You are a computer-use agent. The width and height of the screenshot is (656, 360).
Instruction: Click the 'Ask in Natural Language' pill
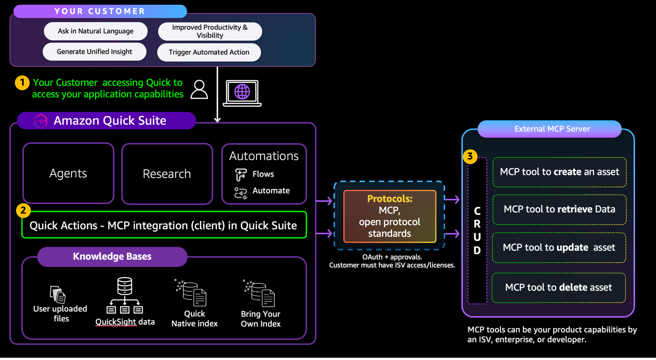[95, 31]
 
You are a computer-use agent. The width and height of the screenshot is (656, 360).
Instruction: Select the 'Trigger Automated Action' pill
[209, 52]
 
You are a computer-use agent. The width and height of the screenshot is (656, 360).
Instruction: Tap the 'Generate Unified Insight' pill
[95, 52]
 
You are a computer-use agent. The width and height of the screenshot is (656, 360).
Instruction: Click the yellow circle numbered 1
[22, 83]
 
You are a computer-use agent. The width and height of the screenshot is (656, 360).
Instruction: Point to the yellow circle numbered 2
[23, 210]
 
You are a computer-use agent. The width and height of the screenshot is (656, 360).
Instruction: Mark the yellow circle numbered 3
[470, 156]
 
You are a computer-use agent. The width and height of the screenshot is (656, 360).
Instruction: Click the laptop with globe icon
[242, 93]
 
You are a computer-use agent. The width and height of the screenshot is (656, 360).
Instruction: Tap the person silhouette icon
[199, 89]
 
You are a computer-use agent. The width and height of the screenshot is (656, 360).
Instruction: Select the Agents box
[68, 173]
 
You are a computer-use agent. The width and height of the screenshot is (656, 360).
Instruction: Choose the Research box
[167, 174]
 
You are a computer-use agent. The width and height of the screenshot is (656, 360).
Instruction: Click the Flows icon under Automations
[241, 174]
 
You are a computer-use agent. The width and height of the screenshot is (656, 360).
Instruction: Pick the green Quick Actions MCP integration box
[164, 225]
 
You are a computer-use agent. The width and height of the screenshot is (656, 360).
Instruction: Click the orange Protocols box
[389, 216]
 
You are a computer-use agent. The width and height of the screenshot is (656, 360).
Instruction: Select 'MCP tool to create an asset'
[559, 172]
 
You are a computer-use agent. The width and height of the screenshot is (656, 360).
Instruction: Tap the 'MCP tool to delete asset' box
[558, 288]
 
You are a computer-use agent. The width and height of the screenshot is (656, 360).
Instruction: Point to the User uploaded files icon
[58, 294]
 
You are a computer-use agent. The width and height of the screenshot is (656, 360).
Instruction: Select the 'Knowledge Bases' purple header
[112, 256]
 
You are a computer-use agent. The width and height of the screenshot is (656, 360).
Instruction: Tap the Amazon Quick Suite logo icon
[41, 121]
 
